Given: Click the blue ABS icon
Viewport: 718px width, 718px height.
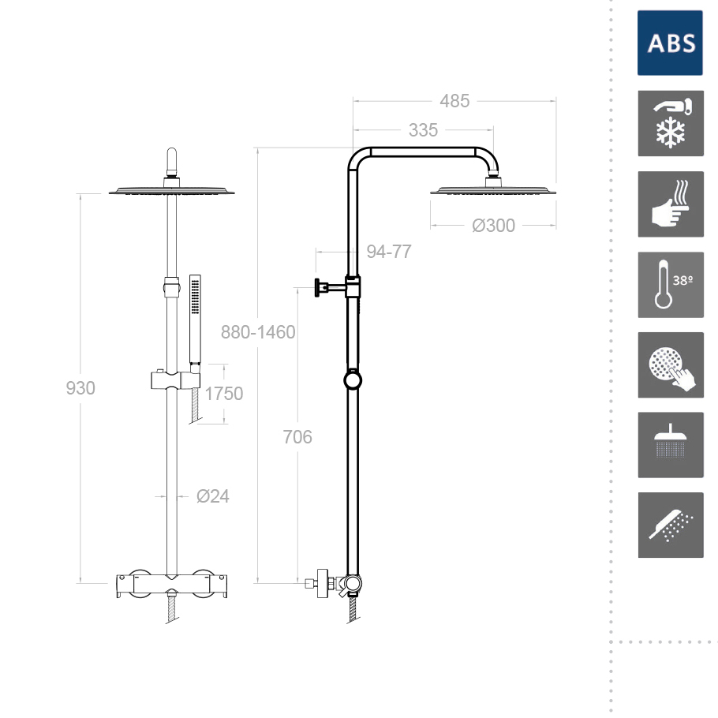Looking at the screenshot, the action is point(670,43).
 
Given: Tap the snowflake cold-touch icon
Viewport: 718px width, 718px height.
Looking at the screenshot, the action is point(671,123).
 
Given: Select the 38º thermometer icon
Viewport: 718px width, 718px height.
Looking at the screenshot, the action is point(671,284).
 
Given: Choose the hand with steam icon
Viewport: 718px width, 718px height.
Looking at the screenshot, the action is point(671,204).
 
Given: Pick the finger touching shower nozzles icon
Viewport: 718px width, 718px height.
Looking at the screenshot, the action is point(671,365).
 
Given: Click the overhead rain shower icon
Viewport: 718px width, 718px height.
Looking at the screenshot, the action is point(671,445).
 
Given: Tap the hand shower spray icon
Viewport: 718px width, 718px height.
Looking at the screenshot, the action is point(671,525).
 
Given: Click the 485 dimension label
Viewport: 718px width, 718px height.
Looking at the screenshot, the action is point(454,101).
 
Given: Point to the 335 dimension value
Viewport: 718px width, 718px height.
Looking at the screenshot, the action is point(423,130).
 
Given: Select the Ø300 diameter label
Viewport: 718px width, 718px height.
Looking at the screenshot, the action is point(493,226).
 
